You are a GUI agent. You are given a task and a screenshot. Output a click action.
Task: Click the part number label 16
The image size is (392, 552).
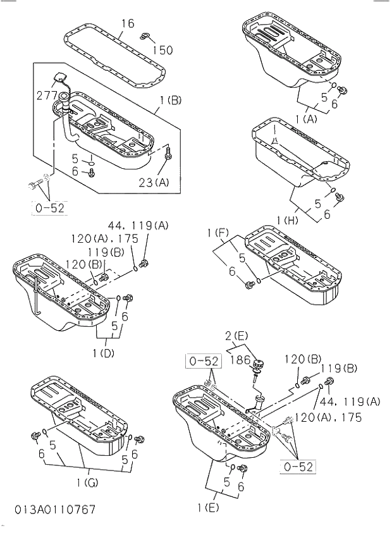pyautogui.click(x=127, y=23)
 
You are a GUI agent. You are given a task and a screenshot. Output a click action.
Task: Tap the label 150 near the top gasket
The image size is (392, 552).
pyautogui.click(x=162, y=49)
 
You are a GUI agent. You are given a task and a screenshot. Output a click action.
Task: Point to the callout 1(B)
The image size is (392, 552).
pyautogui.click(x=171, y=99)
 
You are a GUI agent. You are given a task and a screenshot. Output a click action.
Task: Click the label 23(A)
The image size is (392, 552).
pyautogui.click(x=154, y=183)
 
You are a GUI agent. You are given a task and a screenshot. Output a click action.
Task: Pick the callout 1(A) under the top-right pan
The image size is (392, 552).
pyautogui.click(x=305, y=119)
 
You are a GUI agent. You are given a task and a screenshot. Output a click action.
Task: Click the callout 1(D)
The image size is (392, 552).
pyautogui.click(x=103, y=353)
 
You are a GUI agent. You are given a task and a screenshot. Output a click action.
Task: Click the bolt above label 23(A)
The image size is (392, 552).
pyautogui.click(x=168, y=152)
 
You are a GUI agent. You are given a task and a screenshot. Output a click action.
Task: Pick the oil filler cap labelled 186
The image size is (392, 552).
pyautogui.click(x=258, y=366)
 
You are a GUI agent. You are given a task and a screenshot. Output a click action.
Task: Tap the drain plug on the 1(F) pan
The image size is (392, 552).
pyautogui.click(x=248, y=284)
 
